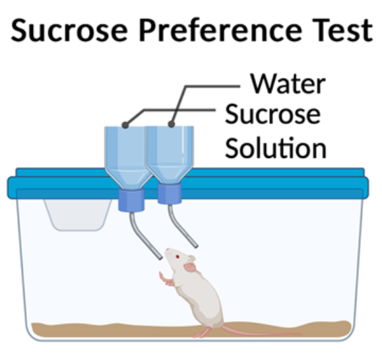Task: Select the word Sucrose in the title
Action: point(69,30)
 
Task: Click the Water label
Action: point(288,84)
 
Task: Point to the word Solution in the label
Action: point(276,148)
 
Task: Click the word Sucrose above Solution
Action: point(273,114)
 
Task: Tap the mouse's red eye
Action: point(177,256)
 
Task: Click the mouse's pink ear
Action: point(190,268)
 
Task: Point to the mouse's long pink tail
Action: point(261,332)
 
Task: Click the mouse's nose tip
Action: point(167,250)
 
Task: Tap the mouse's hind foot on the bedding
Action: point(202,334)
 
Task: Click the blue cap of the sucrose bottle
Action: point(131,200)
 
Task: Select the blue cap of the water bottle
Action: point(170,194)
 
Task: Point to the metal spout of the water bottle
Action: point(182,227)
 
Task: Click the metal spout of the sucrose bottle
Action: point(145,236)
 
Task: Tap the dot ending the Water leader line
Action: point(172,124)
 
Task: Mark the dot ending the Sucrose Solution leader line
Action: point(125,125)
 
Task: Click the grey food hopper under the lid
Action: point(77,215)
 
